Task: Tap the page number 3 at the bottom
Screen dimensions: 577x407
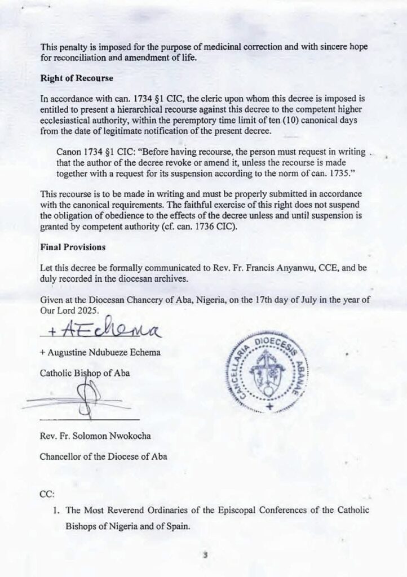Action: coord(206,554)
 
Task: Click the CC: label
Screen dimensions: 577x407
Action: coord(47,494)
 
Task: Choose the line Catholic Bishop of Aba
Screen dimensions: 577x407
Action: coord(85,374)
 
